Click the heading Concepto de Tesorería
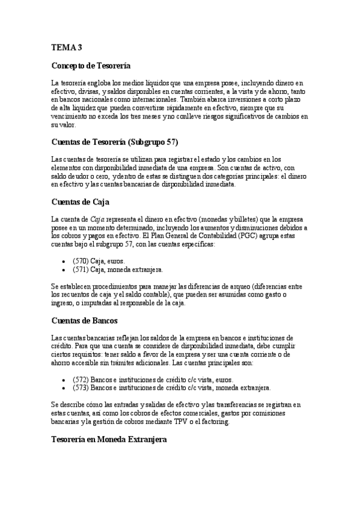click(90, 64)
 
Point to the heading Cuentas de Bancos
click(84, 320)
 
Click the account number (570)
click(81, 262)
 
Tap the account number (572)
click(81, 379)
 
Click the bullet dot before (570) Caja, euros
click(64, 262)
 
